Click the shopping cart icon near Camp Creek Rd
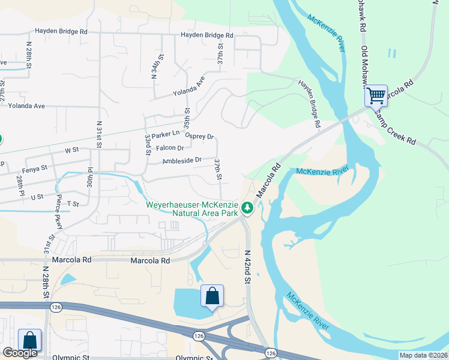(x=376, y=95)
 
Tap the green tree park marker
(x=247, y=208)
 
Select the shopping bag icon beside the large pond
(x=212, y=296)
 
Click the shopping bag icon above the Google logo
(x=29, y=340)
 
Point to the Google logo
(x=20, y=353)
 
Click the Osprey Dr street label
(x=199, y=136)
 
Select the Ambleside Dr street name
(x=182, y=161)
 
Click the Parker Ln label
(x=166, y=134)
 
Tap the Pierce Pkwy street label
(x=59, y=208)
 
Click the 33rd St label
(x=148, y=145)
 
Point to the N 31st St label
(x=99, y=137)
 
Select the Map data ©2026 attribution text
(x=423, y=355)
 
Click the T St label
(x=73, y=204)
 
